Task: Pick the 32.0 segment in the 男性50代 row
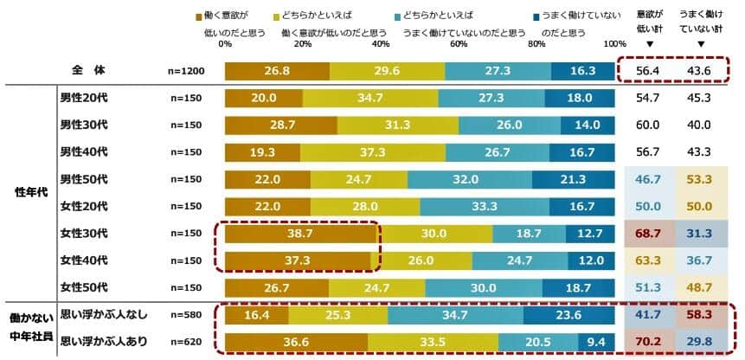click(470, 179)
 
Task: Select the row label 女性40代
click(83, 260)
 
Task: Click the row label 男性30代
click(83, 125)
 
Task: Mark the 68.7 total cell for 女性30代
click(648, 234)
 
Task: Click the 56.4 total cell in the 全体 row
click(648, 70)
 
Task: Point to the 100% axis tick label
click(615, 43)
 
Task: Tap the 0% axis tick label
click(225, 43)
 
